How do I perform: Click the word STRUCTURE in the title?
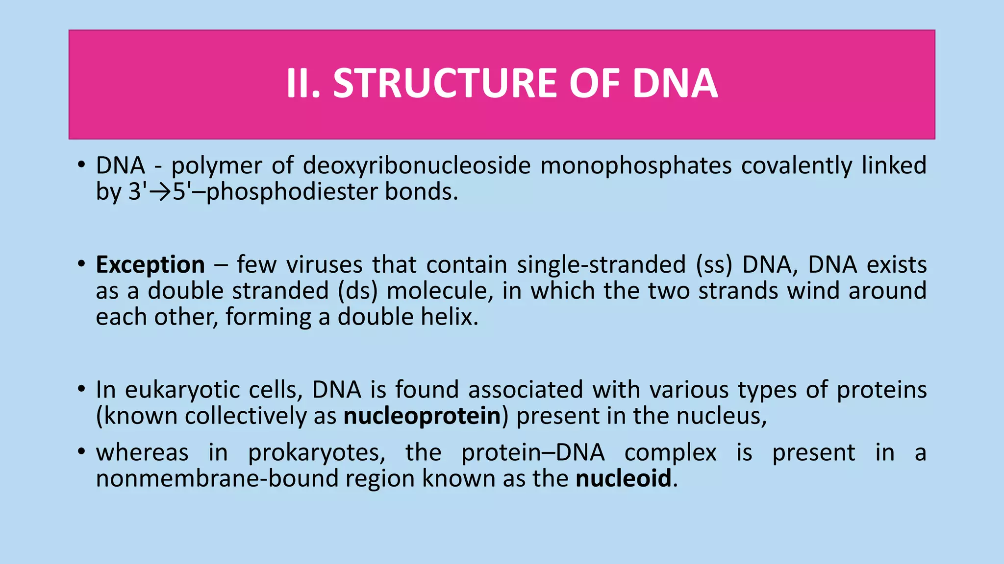[x=446, y=83]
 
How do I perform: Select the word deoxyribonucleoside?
[x=417, y=165]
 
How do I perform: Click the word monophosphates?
[x=636, y=165]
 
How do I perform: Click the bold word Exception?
[x=150, y=265]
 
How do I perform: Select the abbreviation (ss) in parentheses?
[x=714, y=265]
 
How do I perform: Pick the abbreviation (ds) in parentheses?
[x=357, y=291]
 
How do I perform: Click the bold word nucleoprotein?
[x=422, y=416]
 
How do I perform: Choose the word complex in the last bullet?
[x=670, y=453]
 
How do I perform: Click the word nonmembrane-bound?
[x=217, y=478]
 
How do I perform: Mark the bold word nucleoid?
[x=623, y=478]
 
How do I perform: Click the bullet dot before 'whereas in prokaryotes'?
[x=81, y=451]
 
